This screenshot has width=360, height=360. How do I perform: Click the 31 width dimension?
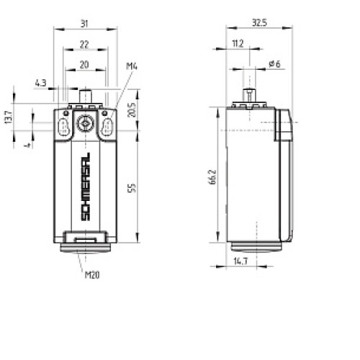[x=84, y=23]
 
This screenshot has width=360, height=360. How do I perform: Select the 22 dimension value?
[x=84, y=44]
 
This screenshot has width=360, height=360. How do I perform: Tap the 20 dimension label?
[x=84, y=64]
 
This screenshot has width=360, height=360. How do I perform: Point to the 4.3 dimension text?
[x=40, y=84]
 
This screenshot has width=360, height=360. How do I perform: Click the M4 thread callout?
[x=132, y=67]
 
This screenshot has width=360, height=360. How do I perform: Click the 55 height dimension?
[x=132, y=187]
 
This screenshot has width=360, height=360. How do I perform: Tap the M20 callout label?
[x=92, y=274]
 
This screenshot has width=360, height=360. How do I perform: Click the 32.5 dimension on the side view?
[x=259, y=23]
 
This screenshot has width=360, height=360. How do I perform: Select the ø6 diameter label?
[x=274, y=64]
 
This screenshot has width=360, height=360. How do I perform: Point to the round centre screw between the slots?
[x=85, y=124]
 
